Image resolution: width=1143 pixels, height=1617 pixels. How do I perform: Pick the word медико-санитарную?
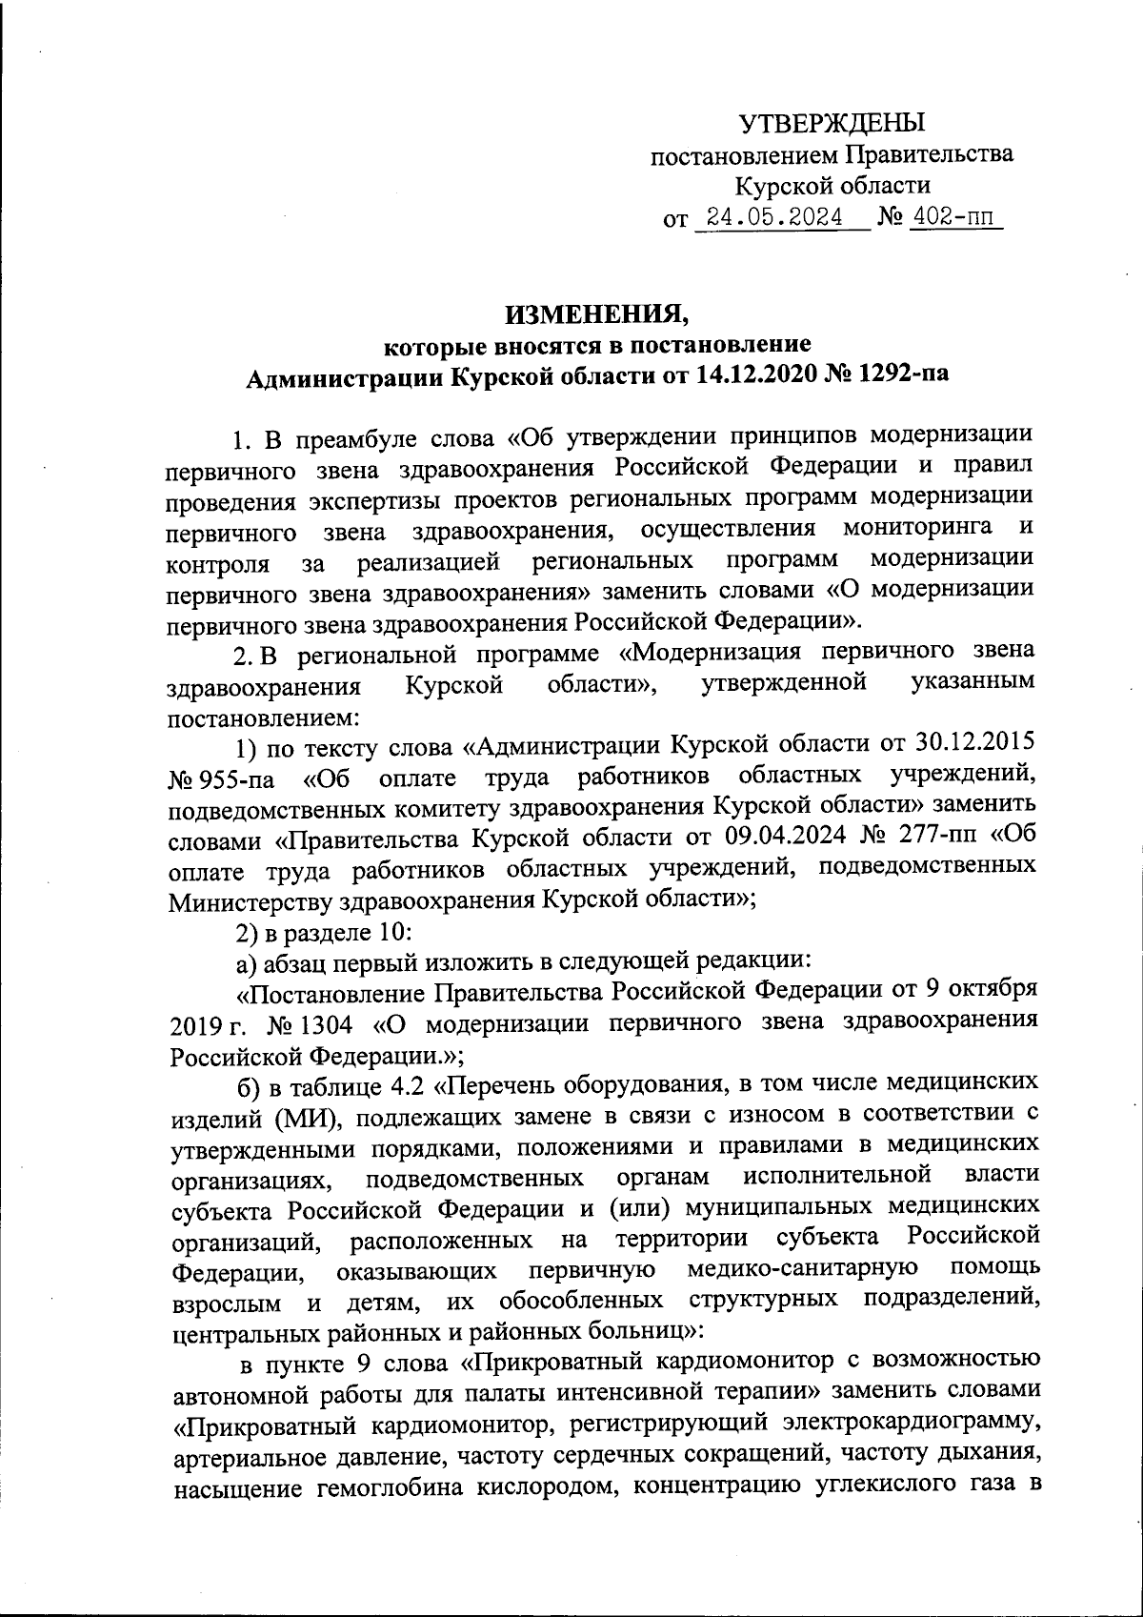[x=802, y=1270]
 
